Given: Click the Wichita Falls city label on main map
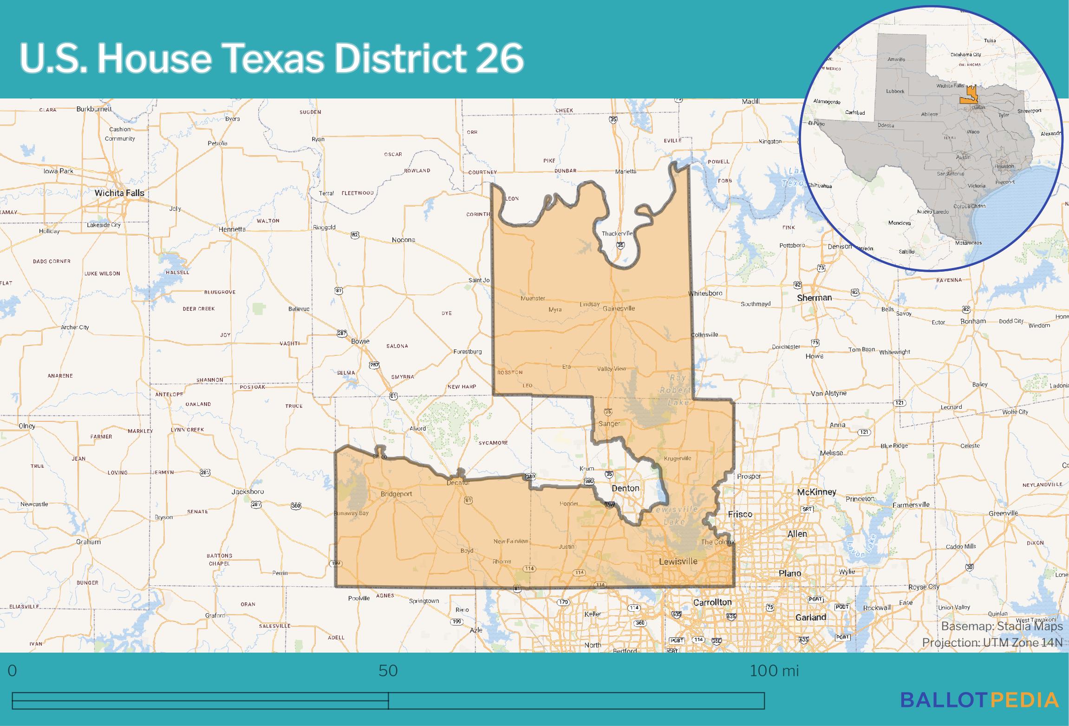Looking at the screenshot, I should click(119, 193).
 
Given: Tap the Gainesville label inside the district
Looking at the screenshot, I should click(619, 308).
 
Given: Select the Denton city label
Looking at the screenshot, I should click(626, 488).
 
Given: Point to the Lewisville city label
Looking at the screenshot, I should click(678, 562).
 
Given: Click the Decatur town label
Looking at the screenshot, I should click(458, 483).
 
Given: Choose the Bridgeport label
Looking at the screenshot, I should click(396, 494).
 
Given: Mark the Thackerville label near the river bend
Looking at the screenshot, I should click(617, 234).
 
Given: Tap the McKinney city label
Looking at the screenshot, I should click(816, 492).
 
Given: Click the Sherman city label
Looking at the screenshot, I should click(814, 298).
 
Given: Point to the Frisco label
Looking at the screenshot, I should click(740, 514).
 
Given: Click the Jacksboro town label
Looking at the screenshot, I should click(248, 491).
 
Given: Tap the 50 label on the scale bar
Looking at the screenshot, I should click(388, 671).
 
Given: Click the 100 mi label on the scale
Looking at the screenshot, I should click(774, 671).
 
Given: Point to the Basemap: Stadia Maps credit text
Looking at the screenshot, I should click(1002, 627).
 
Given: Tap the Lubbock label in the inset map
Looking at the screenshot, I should click(895, 91).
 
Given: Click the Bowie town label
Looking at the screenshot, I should click(360, 341).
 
